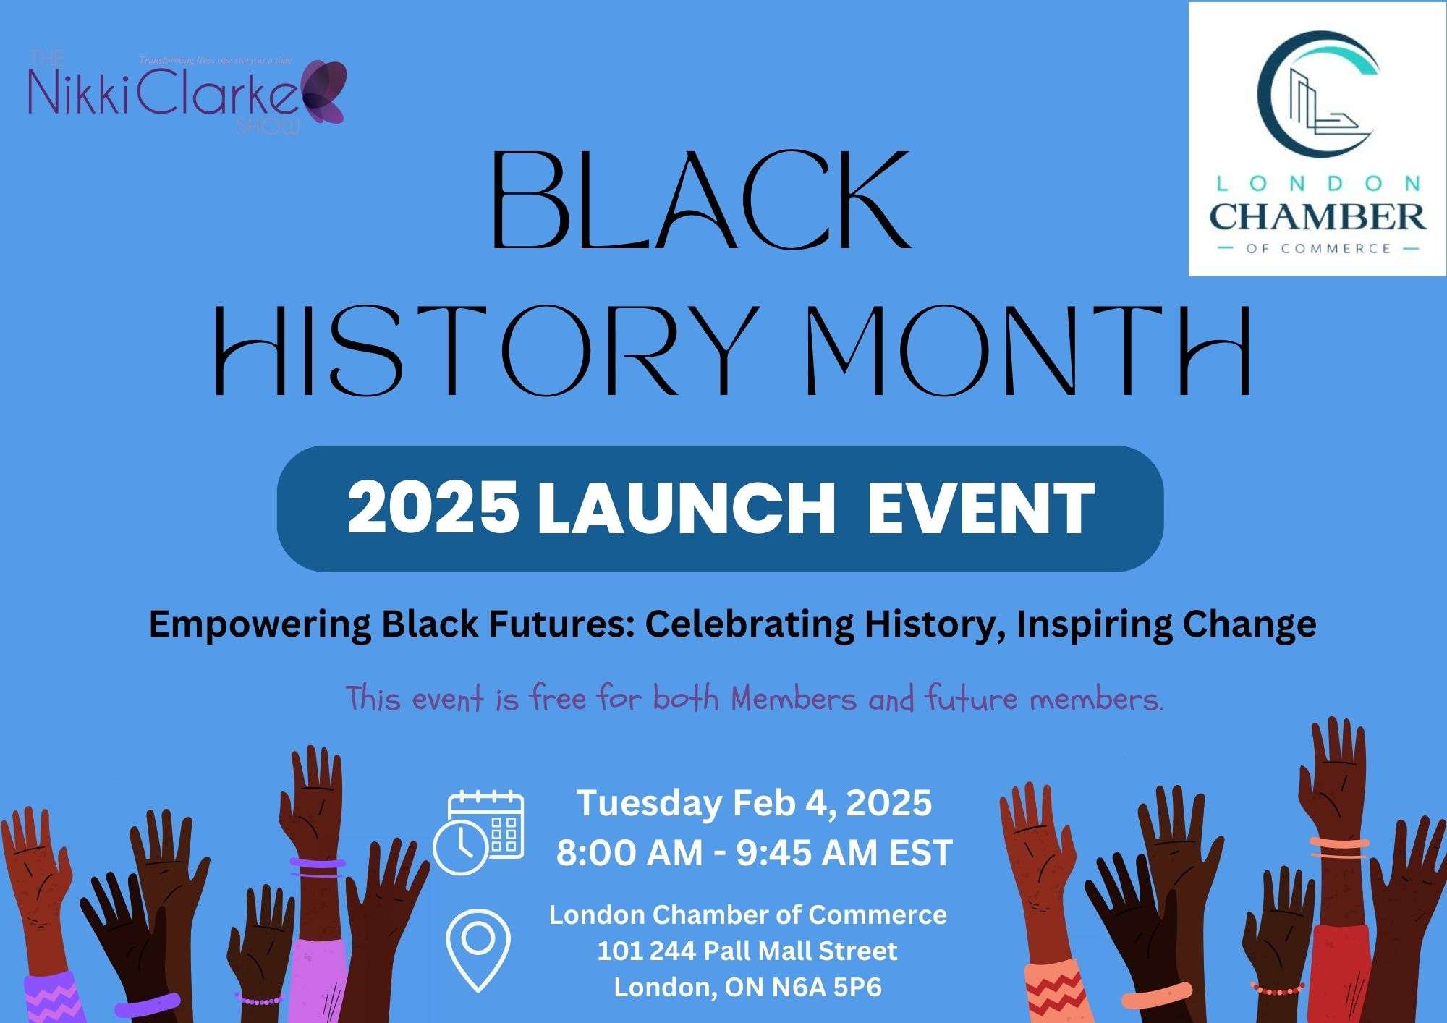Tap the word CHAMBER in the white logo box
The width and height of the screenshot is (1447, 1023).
pyautogui.click(x=1317, y=216)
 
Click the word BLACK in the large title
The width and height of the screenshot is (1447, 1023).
pyautogui.click(x=700, y=200)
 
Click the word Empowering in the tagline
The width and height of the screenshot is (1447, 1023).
pyautogui.click(x=259, y=624)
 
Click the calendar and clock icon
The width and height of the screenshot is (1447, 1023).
pyautogui.click(x=479, y=833)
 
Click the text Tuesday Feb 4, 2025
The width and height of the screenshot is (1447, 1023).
pyautogui.click(x=753, y=803)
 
